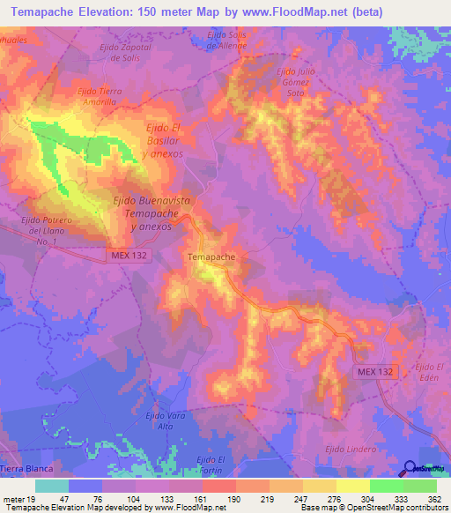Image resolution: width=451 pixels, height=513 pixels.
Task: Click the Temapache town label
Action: [211, 256]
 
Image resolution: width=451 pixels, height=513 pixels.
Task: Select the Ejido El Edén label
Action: [427, 372]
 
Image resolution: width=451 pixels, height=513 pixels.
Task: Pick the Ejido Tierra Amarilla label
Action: [100, 96]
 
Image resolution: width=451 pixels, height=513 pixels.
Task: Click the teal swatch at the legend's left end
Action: [51, 486]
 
